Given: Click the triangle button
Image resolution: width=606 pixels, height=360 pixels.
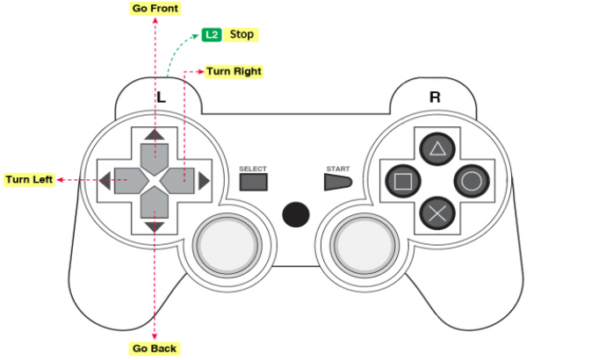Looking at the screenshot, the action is pyautogui.click(x=437, y=148).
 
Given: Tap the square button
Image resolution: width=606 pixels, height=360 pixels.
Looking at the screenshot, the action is pyautogui.click(x=403, y=181).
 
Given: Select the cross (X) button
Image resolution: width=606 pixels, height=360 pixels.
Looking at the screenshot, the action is pyautogui.click(x=437, y=212).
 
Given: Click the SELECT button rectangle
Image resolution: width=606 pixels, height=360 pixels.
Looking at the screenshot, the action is pyautogui.click(x=254, y=182).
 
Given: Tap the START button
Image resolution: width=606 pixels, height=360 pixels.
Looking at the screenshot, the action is pyautogui.click(x=338, y=182).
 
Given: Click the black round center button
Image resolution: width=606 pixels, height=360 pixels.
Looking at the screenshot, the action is pyautogui.click(x=296, y=214).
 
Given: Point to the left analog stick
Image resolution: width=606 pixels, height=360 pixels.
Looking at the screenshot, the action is pyautogui.click(x=227, y=246).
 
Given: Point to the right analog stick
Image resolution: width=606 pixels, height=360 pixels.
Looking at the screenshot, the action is pyautogui.click(x=364, y=246).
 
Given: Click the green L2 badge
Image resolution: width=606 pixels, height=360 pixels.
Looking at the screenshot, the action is pyautogui.click(x=212, y=35).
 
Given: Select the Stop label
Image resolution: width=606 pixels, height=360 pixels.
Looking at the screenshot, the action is pyautogui.click(x=242, y=34).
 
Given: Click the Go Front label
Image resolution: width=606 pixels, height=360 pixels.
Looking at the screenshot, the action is pyautogui.click(x=155, y=9).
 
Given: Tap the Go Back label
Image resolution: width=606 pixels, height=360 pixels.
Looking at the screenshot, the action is pyautogui.click(x=155, y=349).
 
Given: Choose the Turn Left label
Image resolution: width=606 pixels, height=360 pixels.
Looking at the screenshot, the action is pyautogui.click(x=29, y=180).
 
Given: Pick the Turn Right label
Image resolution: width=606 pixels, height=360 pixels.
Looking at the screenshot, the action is pyautogui.click(x=234, y=71).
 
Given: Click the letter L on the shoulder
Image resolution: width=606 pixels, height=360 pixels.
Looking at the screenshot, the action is pyautogui.click(x=162, y=97).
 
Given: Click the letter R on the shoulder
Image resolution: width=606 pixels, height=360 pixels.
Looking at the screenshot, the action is pyautogui.click(x=435, y=97).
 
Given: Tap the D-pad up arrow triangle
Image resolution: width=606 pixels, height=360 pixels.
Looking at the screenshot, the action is pyautogui.click(x=155, y=135).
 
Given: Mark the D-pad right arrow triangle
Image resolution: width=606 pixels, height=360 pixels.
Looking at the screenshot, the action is pyautogui.click(x=204, y=181).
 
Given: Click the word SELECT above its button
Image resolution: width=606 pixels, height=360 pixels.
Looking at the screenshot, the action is pyautogui.click(x=253, y=169).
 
